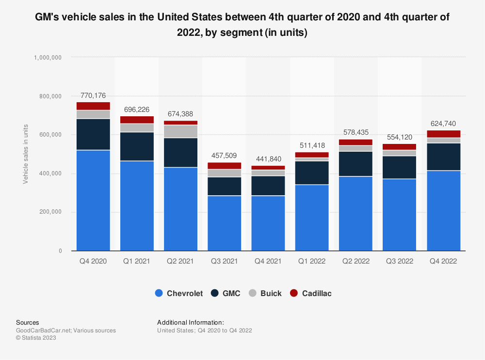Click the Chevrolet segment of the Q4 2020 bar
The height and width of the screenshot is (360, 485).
pos(93,200)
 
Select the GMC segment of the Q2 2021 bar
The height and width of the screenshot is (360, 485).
pos(180,152)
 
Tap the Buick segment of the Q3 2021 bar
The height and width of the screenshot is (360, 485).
pos(224,173)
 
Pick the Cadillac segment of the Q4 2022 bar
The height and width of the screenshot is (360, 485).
pos(443,134)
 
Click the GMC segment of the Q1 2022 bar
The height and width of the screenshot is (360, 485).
pos(312,172)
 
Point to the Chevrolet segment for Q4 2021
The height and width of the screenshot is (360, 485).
pos(268,223)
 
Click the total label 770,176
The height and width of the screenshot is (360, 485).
pos(93,95)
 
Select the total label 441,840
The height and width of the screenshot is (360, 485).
pos(268,159)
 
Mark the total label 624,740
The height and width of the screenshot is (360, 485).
pos(443,123)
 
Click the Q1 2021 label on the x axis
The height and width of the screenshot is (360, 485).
pos(137,261)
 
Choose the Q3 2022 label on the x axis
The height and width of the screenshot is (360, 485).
pos(399,261)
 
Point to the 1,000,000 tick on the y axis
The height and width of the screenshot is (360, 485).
pos(47,57)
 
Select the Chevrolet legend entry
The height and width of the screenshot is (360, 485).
pos(179,293)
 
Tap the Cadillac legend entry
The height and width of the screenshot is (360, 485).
pos(311,293)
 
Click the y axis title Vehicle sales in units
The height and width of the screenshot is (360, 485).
pos(26,154)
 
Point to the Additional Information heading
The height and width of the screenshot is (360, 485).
pos(191,322)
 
